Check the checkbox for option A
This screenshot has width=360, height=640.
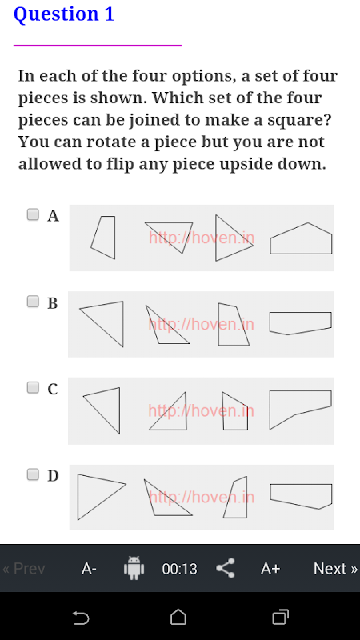coord(33,214)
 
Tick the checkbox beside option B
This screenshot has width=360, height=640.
coord(33,302)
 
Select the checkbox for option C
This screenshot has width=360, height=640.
coord(33,387)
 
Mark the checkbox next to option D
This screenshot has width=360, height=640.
coord(33,474)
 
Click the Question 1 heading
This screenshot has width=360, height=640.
coord(64,14)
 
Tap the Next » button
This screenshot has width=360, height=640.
coord(335,568)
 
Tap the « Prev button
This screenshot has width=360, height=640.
coord(24,568)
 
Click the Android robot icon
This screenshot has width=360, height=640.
coord(134,568)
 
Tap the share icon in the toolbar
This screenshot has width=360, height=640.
coord(226,568)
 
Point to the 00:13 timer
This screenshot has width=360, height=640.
coord(179,569)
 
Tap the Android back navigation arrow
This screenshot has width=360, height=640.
coord(81,618)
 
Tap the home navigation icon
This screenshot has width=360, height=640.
coord(178,617)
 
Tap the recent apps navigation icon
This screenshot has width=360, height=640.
coord(280,617)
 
